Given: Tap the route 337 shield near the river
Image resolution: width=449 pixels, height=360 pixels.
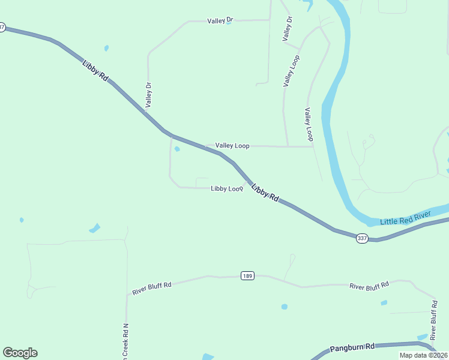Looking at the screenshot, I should coord(362,238).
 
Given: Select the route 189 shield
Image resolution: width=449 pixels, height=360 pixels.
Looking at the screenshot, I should coord(248,275).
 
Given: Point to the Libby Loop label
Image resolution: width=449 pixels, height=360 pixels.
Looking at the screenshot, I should coord(227,188).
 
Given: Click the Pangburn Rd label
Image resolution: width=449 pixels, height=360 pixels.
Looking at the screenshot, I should coord(352,347).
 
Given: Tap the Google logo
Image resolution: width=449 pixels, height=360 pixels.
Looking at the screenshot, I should coord(20,353).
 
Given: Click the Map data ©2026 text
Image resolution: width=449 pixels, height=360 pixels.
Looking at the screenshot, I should coord(423,355).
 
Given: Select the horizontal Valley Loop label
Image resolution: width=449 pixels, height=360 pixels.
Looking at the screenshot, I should coord(232,146).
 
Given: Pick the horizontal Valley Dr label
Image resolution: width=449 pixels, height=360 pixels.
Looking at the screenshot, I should coord(220,20).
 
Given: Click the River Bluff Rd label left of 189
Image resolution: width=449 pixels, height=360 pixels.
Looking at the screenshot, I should coord(151,288).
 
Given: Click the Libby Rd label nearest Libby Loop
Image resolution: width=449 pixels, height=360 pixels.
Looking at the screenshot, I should coord(265,193).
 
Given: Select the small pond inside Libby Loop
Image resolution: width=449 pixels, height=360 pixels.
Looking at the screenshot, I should coord(177,149).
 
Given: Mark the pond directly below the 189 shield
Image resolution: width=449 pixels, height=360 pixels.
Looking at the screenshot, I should coord(284,307).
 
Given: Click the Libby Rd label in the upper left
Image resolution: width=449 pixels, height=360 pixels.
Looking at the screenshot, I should coord(95,69).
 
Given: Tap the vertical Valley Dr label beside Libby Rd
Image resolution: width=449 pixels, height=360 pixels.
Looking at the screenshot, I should coord(148,94).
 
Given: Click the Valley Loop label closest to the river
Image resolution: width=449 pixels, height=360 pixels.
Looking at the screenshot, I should coord(309,124).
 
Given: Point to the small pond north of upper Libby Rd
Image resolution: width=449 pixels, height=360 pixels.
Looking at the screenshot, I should coord(106,48).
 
